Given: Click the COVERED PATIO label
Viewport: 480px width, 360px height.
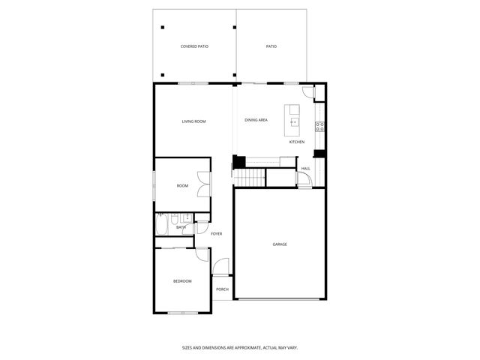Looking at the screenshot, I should click(194, 46).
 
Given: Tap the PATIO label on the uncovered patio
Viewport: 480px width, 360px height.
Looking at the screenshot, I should click(271, 46).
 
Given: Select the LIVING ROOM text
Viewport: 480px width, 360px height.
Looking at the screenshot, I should click(193, 121).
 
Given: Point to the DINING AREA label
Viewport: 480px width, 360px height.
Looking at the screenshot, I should click(256, 120).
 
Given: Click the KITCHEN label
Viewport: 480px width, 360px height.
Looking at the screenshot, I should click(297, 142).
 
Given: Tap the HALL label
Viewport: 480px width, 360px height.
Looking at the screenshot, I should click(306, 169).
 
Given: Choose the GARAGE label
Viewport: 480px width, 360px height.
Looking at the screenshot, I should click(280, 244).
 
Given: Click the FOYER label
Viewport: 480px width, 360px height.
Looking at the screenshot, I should click(216, 233).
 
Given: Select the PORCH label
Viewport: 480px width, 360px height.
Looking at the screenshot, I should click(222, 289).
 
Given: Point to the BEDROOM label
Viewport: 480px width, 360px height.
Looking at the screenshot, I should click(182, 281).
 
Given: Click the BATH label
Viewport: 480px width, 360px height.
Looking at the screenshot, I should click(181, 226).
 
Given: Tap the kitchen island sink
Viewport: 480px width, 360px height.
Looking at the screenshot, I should click(294, 121).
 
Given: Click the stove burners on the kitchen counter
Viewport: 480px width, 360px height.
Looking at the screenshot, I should click(319, 126).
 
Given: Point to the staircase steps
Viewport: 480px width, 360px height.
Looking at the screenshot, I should click(253, 177).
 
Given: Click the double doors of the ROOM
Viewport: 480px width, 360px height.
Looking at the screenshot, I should click(204, 185).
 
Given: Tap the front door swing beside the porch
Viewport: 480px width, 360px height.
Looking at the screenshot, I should click(220, 268).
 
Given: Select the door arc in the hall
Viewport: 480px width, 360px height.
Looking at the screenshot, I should click(303, 179).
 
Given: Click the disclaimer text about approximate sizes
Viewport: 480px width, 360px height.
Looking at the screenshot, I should click(240, 347).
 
